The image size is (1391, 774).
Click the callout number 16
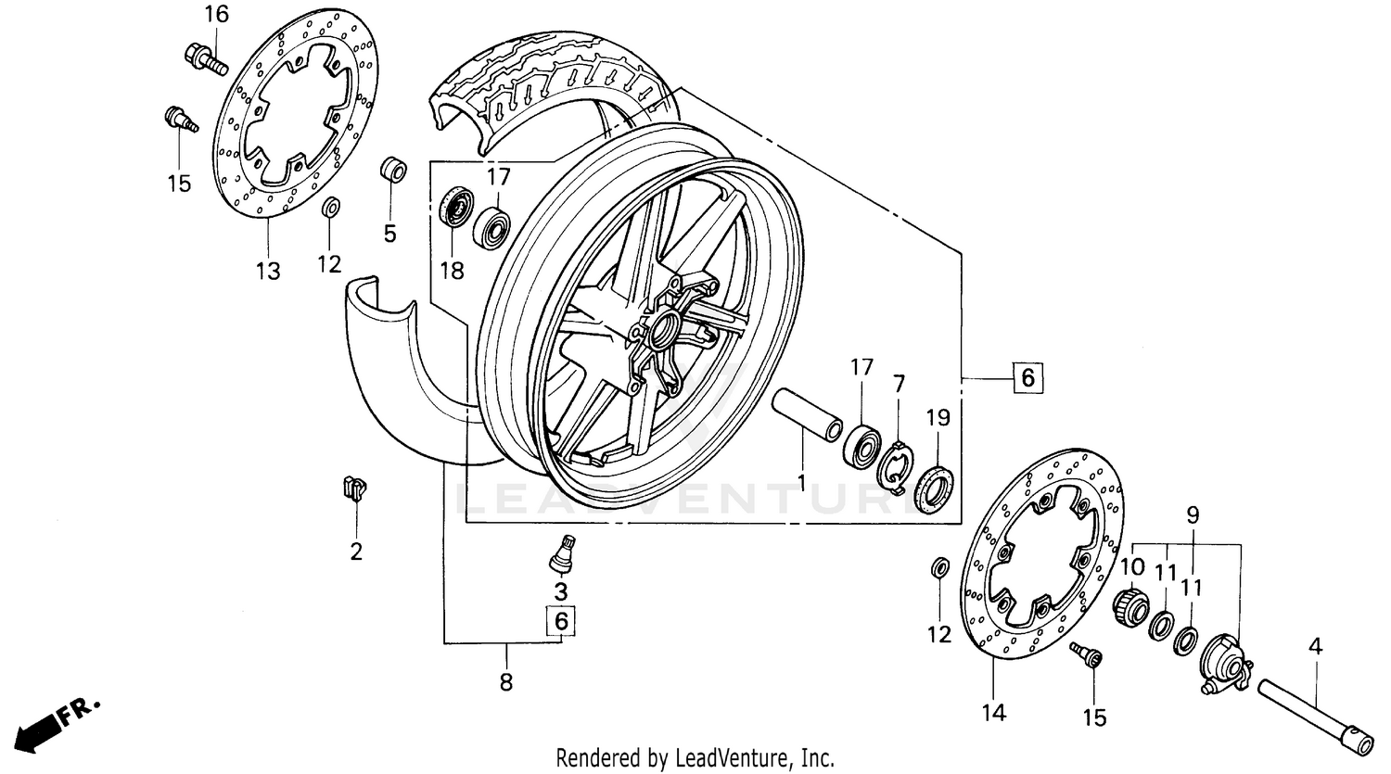215,14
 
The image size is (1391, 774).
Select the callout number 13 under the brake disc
267,271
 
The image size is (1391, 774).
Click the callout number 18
452,271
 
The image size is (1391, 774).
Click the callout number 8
505,682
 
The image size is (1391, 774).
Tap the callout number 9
1193,514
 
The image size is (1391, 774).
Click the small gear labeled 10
1129,608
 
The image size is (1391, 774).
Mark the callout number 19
938,418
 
